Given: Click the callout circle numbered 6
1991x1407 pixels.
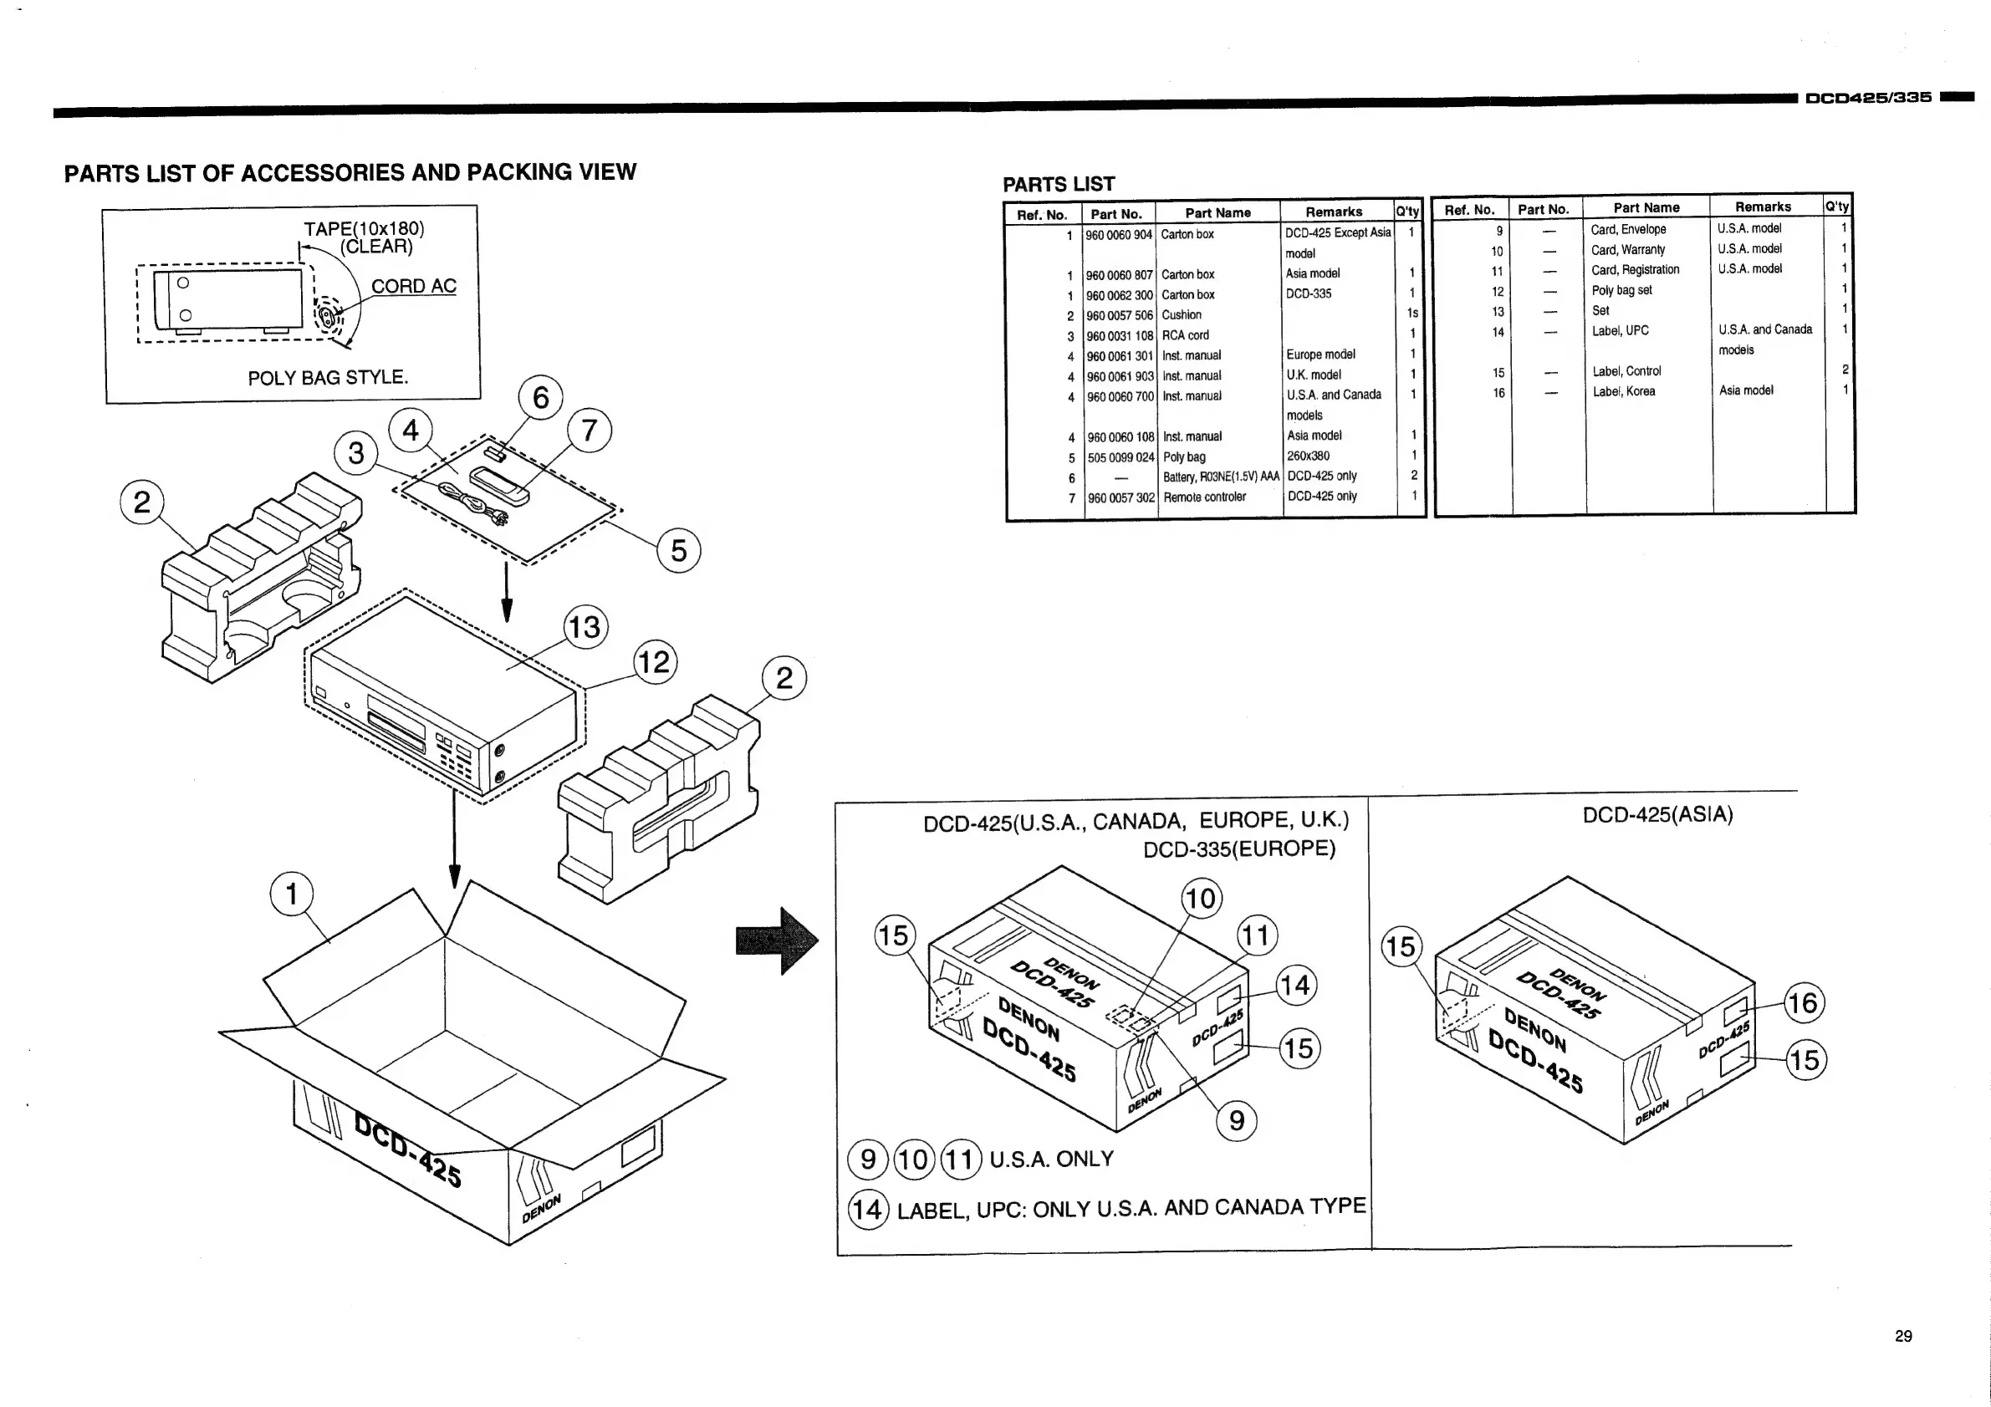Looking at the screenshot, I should (x=540, y=398).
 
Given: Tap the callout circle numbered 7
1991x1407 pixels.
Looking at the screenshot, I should (x=590, y=430).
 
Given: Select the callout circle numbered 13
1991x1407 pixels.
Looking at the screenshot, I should (x=585, y=627).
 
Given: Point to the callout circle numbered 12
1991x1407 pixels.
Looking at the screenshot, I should (x=655, y=662).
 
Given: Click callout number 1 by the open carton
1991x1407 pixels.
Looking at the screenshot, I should (x=291, y=894).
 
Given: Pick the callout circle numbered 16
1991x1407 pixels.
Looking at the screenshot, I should (x=1803, y=1003).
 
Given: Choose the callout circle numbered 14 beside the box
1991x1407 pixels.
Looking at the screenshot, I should (x=1295, y=986).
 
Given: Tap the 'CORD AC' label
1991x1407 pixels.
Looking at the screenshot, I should (x=414, y=286).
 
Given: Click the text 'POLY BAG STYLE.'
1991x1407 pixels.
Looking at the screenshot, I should (x=328, y=378).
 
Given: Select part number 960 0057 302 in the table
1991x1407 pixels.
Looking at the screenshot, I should (x=1121, y=498).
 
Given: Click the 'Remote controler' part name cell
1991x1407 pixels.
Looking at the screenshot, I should (x=1204, y=497).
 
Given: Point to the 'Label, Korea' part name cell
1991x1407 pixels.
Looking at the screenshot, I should (x=1623, y=392).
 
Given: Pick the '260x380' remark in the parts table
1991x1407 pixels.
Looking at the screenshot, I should (x=1308, y=456).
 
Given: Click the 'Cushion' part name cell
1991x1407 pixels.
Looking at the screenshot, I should (x=1181, y=315).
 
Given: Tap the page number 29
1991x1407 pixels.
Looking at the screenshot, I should (x=1903, y=1336).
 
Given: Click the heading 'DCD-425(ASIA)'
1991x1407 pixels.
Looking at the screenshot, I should (x=1657, y=815).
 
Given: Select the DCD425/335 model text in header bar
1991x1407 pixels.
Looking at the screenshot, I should (x=1868, y=98).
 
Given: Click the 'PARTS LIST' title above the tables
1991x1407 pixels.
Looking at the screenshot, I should (x=1058, y=185).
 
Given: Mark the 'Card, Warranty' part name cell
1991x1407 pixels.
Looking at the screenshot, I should (x=1627, y=250).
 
